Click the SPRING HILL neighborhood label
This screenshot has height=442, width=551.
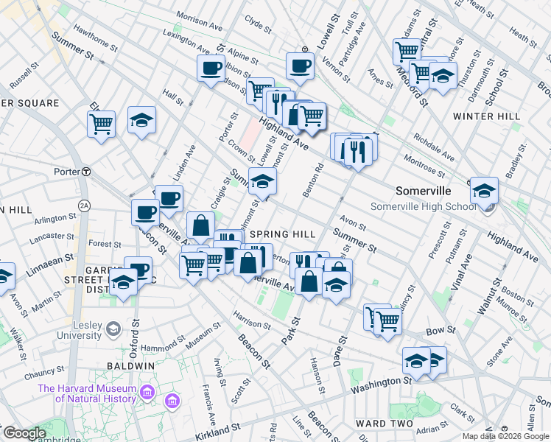pyautogui.click(x=282, y=234)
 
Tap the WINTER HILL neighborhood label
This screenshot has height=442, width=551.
pyautogui.click(x=486, y=116)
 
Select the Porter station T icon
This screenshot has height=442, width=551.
pyautogui.click(x=85, y=172)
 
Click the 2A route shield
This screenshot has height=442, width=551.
pyautogui.click(x=84, y=205)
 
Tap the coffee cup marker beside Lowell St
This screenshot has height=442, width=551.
pyautogui.click(x=300, y=66)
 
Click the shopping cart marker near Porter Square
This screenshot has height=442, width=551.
pyautogui.click(x=101, y=123)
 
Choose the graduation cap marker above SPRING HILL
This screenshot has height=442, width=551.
pyautogui.click(x=262, y=180)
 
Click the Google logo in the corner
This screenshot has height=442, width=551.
pyautogui.click(x=24, y=433)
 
